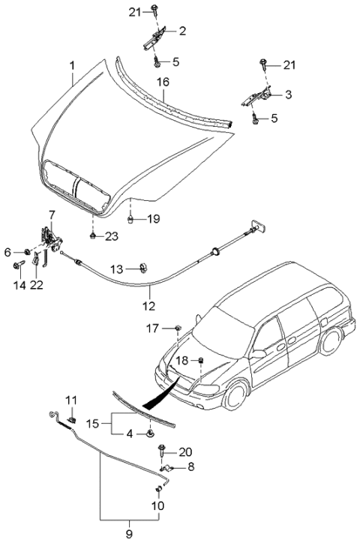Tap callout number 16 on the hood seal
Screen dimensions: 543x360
pyautogui.click(x=163, y=81)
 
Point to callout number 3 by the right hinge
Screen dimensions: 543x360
pyautogui.click(x=288, y=95)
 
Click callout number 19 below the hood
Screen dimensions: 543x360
pyautogui.click(x=153, y=219)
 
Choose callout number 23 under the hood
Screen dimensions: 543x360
pyautogui.click(x=112, y=237)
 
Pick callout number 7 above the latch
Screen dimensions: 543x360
pyautogui.click(x=51, y=214)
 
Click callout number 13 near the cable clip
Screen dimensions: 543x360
pyautogui.click(x=116, y=269)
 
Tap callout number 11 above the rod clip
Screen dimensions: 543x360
pyautogui.click(x=72, y=399)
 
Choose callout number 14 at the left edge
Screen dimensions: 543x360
pyautogui.click(x=19, y=284)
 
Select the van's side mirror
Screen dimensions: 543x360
pyautogui.click(x=259, y=352)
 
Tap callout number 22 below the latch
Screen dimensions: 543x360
pyautogui.click(x=37, y=284)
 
